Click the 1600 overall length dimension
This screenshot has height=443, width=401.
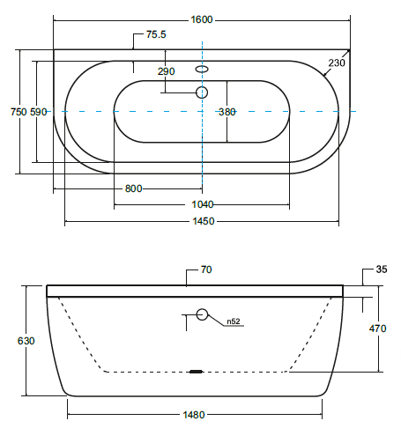pos(202,19)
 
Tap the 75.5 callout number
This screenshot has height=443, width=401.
pos(156,34)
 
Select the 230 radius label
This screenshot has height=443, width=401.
pos(337,63)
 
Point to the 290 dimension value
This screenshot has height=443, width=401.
pos(166,71)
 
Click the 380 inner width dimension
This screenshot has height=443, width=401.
pos(227,112)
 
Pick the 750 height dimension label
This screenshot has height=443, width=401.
pos(19,112)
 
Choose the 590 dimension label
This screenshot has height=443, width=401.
pos(39,112)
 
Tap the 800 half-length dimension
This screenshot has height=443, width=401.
pos(134,188)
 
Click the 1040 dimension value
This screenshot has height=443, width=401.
pos(203,204)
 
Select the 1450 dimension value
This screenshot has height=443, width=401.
pos(204,221)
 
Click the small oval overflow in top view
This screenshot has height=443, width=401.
pos(202,69)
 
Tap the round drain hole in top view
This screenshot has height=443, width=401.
pos(202,92)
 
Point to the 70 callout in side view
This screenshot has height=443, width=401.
pos(206,269)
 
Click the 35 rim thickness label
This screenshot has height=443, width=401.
pos(382,269)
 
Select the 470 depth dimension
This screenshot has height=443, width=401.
pos(377,329)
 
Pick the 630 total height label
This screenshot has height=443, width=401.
pos(26,341)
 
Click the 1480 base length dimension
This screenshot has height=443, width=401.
pos(194,415)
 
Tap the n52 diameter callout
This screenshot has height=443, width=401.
pos(234,321)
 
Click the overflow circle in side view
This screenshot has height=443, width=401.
pos(202,314)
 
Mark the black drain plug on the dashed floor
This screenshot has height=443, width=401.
pos(197,372)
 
